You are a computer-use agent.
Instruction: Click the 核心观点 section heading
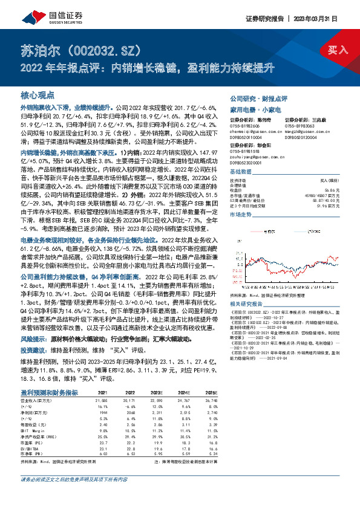click(38, 96)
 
